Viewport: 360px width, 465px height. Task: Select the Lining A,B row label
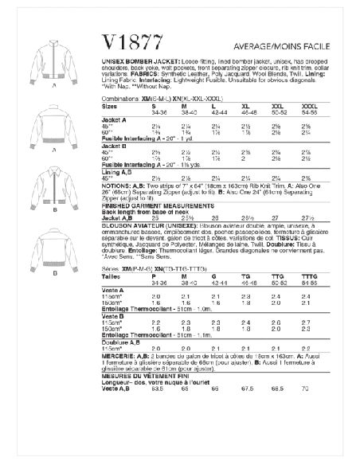pyautogui.click(x=140, y=173)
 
